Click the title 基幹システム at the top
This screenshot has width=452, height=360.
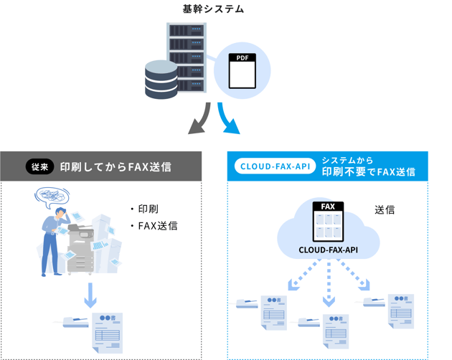click(213, 9)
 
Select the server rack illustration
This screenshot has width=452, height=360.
click(186, 58)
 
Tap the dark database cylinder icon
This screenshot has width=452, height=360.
click(161, 80)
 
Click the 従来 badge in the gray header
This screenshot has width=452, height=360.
click(39, 167)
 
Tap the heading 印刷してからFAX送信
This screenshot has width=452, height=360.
click(115, 167)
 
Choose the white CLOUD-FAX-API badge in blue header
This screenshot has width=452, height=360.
click(276, 166)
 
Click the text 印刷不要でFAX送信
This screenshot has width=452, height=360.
click(368, 172)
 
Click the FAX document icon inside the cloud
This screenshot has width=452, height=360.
click(328, 222)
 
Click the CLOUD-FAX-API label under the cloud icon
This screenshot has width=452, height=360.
click(328, 250)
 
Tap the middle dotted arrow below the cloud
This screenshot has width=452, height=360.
click(329, 283)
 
